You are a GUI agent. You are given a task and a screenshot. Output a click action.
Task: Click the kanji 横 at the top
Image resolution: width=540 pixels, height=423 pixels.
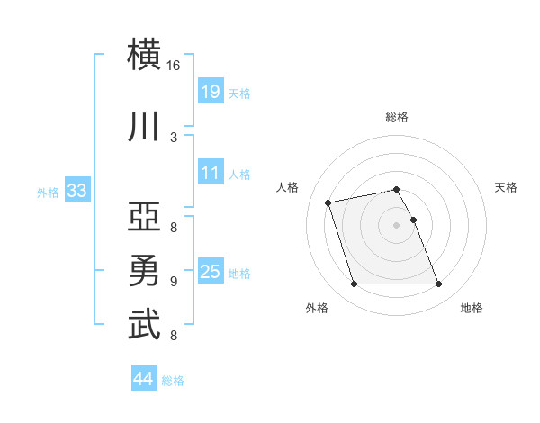144,54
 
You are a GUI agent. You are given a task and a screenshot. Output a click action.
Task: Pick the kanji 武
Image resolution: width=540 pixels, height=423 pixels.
144,324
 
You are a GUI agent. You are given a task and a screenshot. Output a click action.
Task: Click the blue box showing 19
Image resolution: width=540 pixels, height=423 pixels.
210,91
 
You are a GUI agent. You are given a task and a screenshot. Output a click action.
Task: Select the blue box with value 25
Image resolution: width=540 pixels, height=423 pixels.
210,271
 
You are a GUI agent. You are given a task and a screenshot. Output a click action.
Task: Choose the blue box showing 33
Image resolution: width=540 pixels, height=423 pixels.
76,190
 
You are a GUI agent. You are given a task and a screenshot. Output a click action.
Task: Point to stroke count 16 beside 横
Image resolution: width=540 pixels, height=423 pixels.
174,66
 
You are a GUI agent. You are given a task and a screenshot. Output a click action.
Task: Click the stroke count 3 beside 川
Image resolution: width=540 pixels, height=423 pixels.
174,137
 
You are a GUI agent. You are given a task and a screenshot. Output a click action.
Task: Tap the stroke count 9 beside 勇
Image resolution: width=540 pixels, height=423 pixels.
174,282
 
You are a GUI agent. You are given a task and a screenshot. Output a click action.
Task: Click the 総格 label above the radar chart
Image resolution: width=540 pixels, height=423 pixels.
397,117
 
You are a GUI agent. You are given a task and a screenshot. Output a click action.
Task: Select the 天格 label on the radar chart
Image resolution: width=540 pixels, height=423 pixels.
507,187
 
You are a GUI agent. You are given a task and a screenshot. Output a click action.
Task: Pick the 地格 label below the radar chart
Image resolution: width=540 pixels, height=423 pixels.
472,308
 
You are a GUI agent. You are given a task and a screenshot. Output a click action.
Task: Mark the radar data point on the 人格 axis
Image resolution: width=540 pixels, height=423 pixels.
328,202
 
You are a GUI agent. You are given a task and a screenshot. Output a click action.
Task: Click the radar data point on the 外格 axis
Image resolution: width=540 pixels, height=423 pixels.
354,284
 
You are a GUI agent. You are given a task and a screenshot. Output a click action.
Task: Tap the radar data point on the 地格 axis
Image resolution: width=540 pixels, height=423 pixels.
438,284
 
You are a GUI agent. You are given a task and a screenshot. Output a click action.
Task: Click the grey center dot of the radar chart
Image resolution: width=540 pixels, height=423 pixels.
396,225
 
